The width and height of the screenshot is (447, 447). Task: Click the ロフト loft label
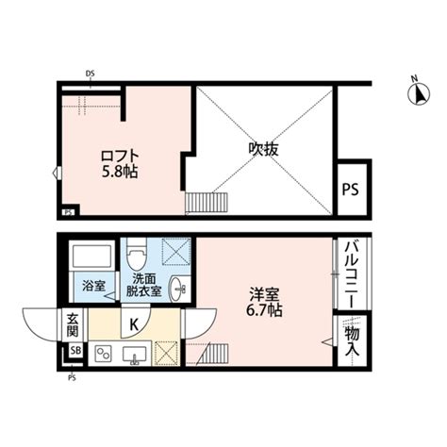[x=120, y=157]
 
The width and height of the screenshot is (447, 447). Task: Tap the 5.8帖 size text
[x=120, y=172]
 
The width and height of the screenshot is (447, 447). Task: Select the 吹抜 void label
[x=263, y=149]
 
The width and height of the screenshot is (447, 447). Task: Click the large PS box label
[x=350, y=190]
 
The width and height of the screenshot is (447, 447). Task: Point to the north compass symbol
[x=419, y=91]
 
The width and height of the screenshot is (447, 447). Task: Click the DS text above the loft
[x=91, y=74]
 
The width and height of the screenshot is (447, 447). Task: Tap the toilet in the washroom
[x=137, y=254]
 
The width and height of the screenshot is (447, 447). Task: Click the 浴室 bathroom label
[x=94, y=286]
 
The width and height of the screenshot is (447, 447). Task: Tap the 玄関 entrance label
[x=73, y=325]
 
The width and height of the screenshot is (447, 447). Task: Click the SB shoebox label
[x=75, y=351]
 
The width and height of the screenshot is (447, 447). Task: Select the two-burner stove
[x=103, y=354]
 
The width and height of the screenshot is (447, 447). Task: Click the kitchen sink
[x=135, y=355]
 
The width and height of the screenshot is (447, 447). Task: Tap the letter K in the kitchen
[x=134, y=324]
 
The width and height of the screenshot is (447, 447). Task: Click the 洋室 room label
[x=264, y=294]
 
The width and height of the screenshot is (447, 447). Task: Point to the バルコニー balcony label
[x=352, y=274]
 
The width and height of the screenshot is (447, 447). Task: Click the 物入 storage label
[x=352, y=341]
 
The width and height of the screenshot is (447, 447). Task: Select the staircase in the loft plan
[x=207, y=203]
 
